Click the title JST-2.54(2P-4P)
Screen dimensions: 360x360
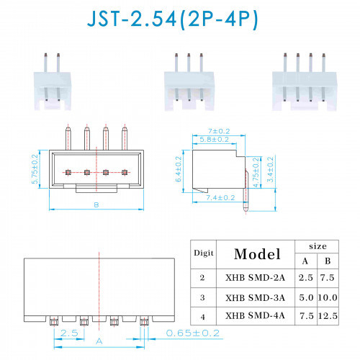tap(172, 19)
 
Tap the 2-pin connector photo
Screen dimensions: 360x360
tap(53, 81)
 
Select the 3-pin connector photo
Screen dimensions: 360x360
tap(189, 82)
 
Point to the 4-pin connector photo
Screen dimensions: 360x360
tap(305, 82)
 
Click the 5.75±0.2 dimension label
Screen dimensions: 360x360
tap(35, 169)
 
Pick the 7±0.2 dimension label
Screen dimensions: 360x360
tap(219, 131)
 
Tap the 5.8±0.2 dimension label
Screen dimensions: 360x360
tap(215, 140)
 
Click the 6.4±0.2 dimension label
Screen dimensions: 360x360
tap(179, 169)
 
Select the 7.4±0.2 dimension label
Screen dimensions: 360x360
tap(220, 198)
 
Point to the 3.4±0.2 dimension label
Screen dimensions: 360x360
tap(270, 169)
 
